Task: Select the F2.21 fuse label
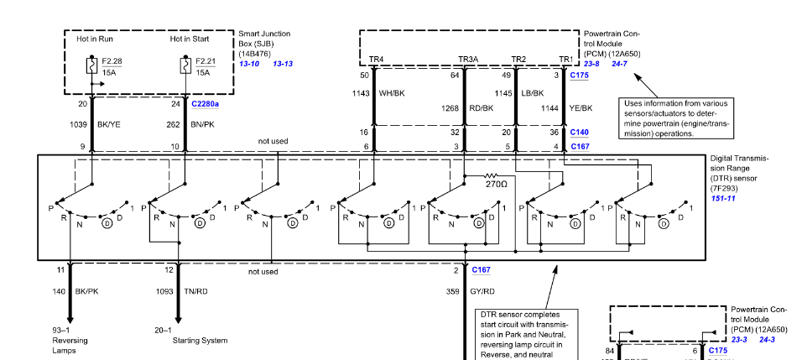pyautogui.click(x=206, y=61)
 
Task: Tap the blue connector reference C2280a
pyautogui.click(x=205, y=104)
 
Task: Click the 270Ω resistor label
pyautogui.click(x=496, y=183)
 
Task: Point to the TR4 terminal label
pyautogui.click(x=376, y=60)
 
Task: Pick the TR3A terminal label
pyautogui.click(x=468, y=60)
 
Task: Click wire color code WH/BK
pyautogui.click(x=392, y=93)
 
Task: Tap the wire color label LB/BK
pyautogui.click(x=534, y=93)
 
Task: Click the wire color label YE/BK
pyautogui.click(x=581, y=107)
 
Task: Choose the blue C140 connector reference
pyautogui.click(x=580, y=132)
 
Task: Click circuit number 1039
pyautogui.click(x=79, y=123)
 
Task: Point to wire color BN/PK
pyautogui.click(x=203, y=123)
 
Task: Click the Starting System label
pyautogui.click(x=200, y=341)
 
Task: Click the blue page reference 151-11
pyautogui.click(x=724, y=198)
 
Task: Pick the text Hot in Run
pyautogui.click(x=94, y=39)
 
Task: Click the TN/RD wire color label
pyautogui.click(x=195, y=291)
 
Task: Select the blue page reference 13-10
pyautogui.click(x=249, y=64)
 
